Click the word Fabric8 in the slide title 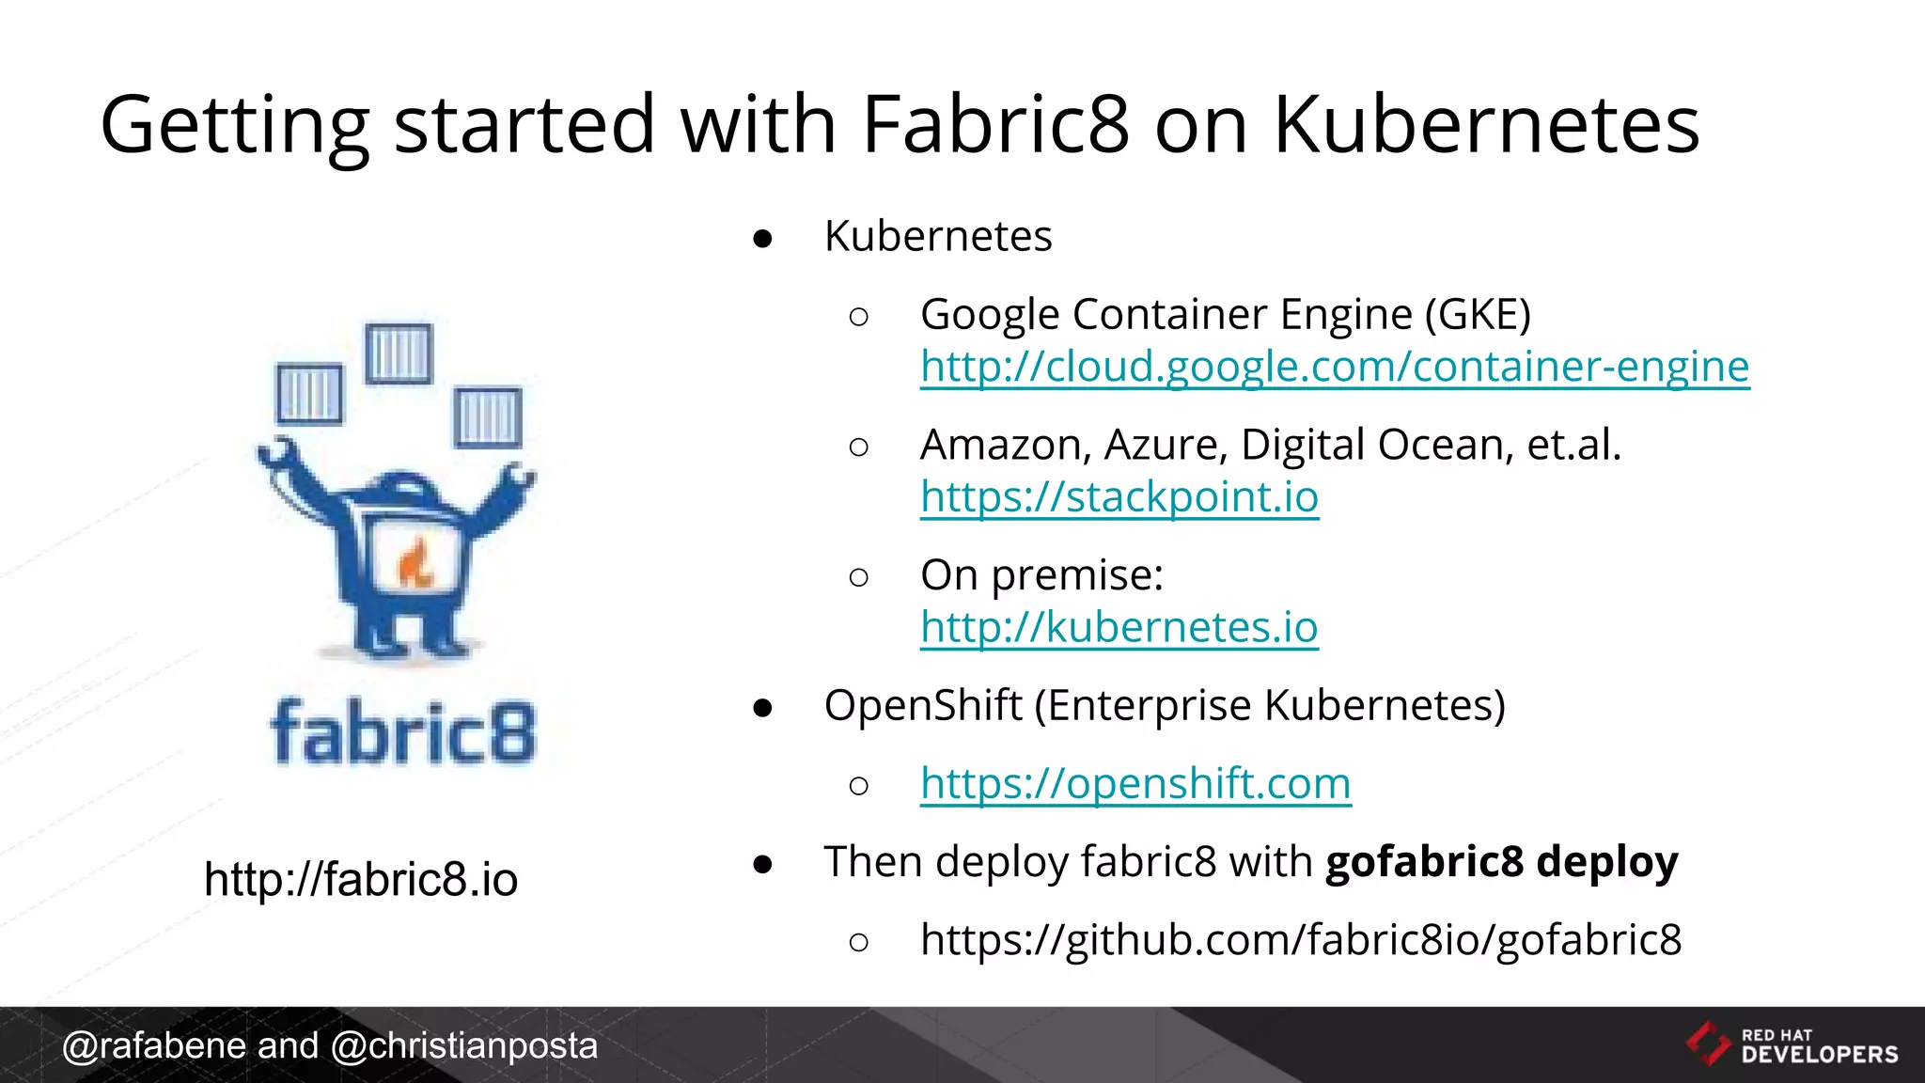click(x=995, y=124)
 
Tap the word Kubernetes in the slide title click(x=1486, y=124)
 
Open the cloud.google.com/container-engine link click(x=1335, y=367)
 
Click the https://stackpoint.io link click(x=1119, y=497)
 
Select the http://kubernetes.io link click(x=1119, y=627)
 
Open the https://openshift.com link click(x=1135, y=783)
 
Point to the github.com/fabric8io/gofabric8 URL click(x=1301, y=939)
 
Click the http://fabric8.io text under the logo click(x=361, y=880)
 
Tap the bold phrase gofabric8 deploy click(x=1501, y=861)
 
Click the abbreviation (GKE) click(x=1478, y=314)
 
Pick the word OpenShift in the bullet click(x=922, y=705)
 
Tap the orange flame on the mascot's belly click(x=415, y=564)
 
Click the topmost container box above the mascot click(x=399, y=353)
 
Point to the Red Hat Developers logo click(x=1791, y=1044)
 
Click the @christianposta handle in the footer click(x=464, y=1045)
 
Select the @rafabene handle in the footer click(x=154, y=1045)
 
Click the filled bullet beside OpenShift click(x=762, y=707)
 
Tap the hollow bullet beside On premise click(x=858, y=576)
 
